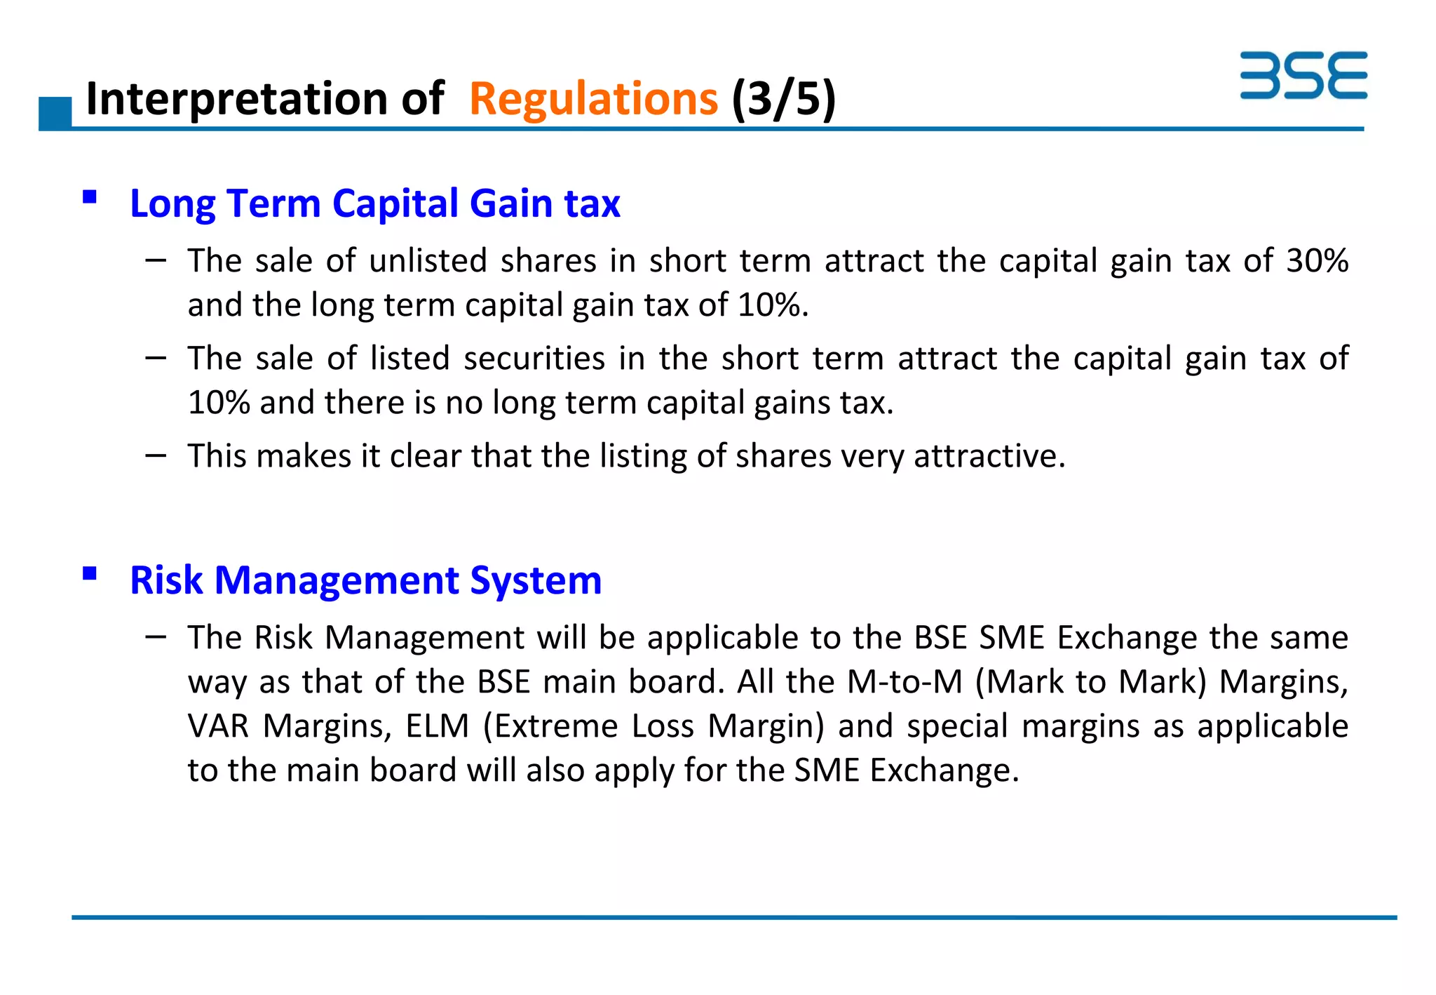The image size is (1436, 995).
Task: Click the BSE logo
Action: click(1303, 75)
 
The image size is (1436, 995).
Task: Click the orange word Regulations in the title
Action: click(593, 99)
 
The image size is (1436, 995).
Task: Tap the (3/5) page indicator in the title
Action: click(783, 99)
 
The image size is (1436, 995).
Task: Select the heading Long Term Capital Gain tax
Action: click(375, 203)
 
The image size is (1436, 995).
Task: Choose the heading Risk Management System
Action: click(365, 580)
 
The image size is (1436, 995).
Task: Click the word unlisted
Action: click(428, 260)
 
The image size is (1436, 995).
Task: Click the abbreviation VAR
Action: click(218, 726)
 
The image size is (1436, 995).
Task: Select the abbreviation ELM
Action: click(437, 726)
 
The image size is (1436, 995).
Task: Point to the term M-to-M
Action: click(905, 681)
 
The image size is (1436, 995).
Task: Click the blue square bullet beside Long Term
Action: click(89, 196)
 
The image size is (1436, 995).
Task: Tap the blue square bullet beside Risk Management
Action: click(89, 574)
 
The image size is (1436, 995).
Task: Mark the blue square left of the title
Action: click(55, 113)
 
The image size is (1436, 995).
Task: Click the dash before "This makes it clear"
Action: click(156, 456)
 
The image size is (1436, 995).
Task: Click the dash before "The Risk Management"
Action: click(156, 637)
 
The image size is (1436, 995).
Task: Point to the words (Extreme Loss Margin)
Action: click(653, 726)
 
